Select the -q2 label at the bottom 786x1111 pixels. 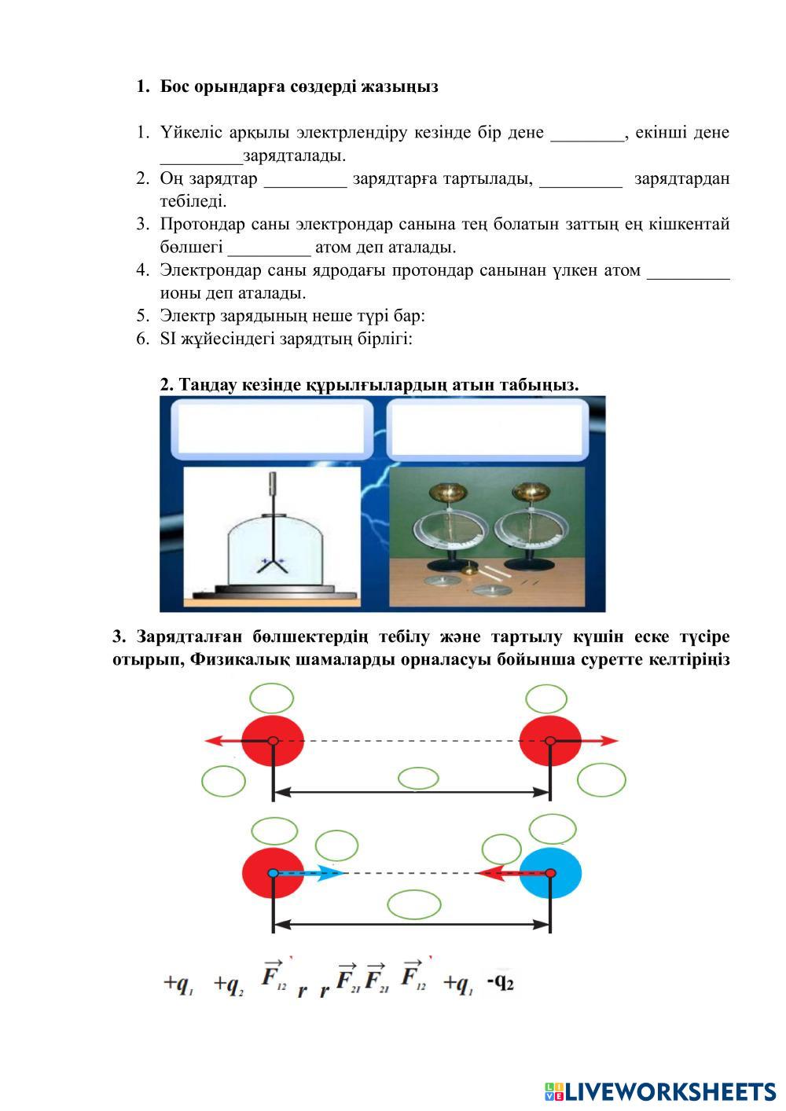500,982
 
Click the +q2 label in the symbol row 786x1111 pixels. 229,984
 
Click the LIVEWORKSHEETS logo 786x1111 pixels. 659,1091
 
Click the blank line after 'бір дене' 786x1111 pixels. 587,134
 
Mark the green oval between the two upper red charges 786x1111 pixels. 418,779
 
